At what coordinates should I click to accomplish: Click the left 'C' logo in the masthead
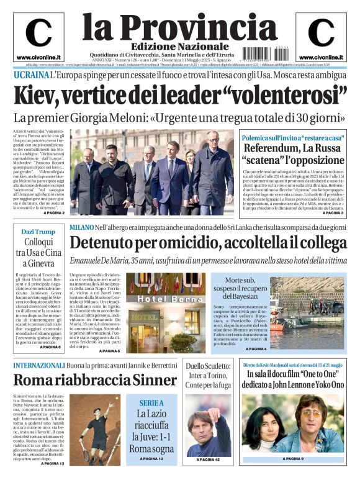point(38,33)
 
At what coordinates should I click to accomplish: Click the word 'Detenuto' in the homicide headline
point(107,244)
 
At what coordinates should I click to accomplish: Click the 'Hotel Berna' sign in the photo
point(164,298)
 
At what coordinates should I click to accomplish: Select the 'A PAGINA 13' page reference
point(53,463)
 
